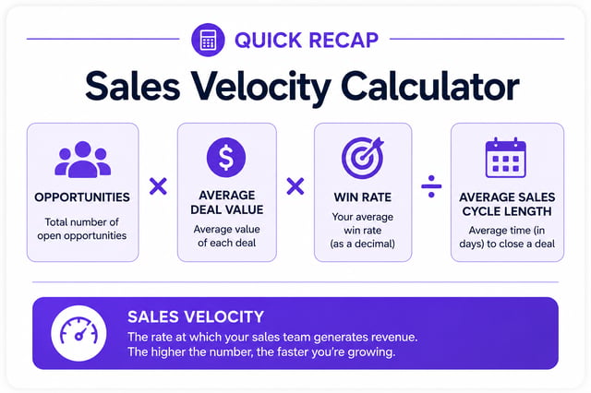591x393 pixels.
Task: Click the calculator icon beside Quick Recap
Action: pos(208,40)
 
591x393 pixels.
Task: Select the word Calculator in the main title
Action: pos(430,86)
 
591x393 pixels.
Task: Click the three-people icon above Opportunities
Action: pos(82,160)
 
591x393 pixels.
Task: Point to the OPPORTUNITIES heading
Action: pos(82,197)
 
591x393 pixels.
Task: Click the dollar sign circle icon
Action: pos(226,157)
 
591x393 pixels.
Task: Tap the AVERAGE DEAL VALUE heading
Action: pos(227,202)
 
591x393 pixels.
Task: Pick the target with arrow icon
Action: pos(363,157)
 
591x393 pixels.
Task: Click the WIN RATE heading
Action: pos(363,197)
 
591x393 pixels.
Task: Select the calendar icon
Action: pos(506,158)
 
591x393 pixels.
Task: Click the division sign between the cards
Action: pos(431,186)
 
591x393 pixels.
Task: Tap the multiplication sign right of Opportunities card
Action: pos(158,186)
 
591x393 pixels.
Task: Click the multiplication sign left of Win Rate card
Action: pos(295,186)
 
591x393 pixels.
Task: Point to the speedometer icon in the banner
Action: pos(78,333)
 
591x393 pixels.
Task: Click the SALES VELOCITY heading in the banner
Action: pos(196,317)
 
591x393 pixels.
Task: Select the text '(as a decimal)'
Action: pos(363,244)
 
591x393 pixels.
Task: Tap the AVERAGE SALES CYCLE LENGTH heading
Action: pos(507,204)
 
